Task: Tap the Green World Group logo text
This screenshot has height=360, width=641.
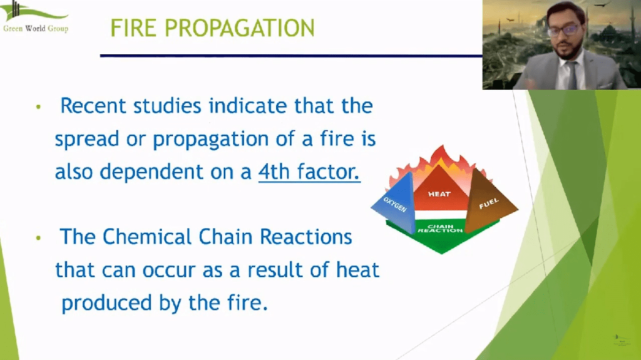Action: [36, 29]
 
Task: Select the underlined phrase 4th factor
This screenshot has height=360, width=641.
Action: [309, 172]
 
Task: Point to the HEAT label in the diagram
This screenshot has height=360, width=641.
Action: [439, 194]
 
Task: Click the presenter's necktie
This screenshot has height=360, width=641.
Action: [571, 74]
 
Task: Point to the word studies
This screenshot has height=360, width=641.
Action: [167, 106]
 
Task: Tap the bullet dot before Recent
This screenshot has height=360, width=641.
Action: [38, 108]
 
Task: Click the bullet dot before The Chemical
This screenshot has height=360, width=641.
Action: [38, 239]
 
